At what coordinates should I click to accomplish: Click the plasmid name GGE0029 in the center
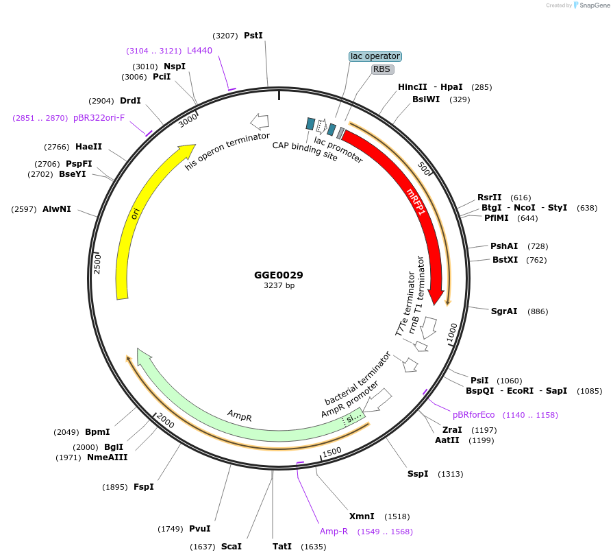278,275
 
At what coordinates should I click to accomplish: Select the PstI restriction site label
253,35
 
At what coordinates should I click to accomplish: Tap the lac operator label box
375,56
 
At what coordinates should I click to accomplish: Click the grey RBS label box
382,69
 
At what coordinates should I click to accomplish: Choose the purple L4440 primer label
199,51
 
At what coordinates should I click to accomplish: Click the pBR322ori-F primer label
99,118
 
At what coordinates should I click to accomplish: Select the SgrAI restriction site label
504,311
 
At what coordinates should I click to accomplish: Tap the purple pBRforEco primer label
473,415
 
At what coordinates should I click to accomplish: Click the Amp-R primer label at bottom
334,532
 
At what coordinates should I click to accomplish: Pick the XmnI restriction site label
362,516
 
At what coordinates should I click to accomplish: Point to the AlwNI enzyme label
56,209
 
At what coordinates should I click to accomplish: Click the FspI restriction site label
144,487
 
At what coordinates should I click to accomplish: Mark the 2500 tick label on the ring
97,263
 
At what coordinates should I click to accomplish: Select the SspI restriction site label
418,474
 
